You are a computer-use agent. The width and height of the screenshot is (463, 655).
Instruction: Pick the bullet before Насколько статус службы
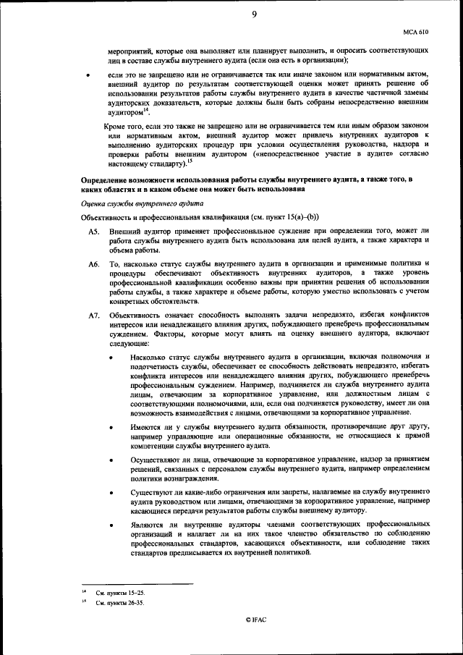(110, 358)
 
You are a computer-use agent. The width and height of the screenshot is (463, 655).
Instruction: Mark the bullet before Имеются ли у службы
(110, 428)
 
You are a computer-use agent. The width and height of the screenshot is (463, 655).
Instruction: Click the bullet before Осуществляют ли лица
(110, 460)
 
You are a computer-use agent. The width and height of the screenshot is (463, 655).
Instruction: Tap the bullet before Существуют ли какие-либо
(110, 492)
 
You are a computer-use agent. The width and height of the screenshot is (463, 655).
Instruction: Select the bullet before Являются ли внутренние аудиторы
(110, 523)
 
